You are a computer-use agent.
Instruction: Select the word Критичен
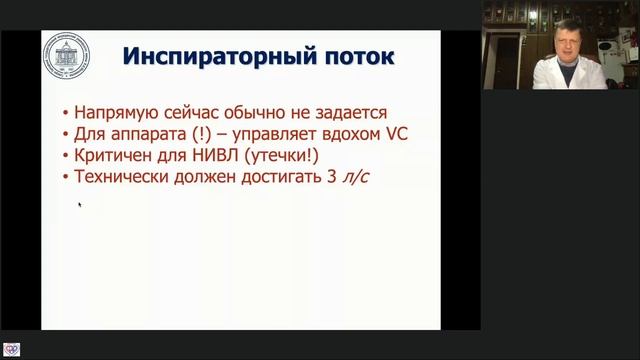click(107, 156)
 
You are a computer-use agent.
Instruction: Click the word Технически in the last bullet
click(117, 177)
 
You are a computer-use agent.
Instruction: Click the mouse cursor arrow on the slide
click(79, 205)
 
